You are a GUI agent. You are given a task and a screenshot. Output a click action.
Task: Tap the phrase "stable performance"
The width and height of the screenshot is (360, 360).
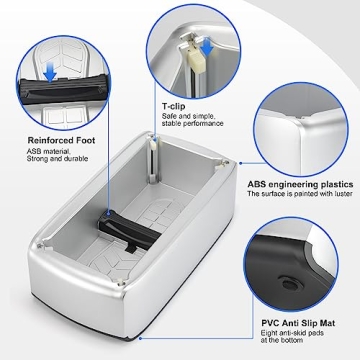point(189,124)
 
